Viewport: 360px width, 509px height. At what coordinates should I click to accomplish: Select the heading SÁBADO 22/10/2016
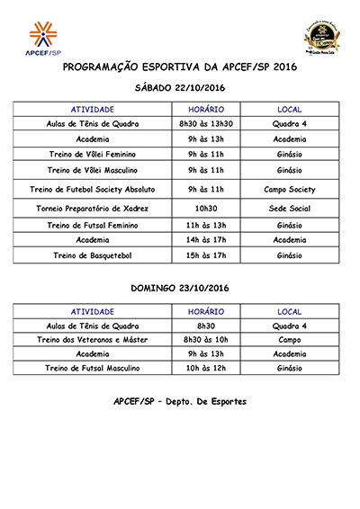pos(179,88)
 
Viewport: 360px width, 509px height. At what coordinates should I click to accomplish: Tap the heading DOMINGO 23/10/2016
pos(179,290)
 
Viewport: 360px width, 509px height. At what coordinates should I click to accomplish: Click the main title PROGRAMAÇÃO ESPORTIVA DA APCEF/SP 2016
pos(179,67)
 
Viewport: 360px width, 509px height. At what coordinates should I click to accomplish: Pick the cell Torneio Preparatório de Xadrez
pos(93,208)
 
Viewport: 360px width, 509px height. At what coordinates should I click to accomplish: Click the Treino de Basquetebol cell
pos(93,256)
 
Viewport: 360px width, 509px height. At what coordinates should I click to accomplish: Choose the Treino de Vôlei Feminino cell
pos(93,155)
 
